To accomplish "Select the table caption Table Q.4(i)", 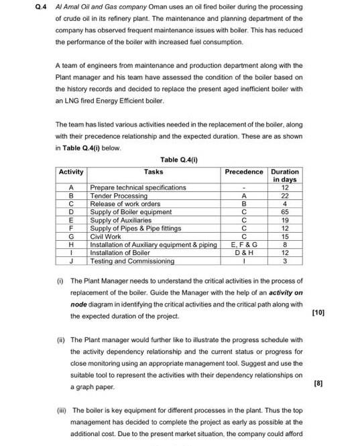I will pos(180,160).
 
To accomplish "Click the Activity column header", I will pos(71,172).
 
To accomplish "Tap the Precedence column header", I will pos(244,172).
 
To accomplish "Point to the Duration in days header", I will pos(285,176).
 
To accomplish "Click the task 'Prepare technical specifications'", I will pos(138,188).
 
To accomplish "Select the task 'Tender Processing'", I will pos(119,196).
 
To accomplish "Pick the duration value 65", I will pos(285,212).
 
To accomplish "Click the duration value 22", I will pos(285,196).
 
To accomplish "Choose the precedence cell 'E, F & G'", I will pos(244,245).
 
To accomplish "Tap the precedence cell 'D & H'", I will pos(244,253).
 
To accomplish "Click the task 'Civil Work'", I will pos(106,237).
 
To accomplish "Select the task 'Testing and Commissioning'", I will pos(132,261).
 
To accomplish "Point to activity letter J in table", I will pos(71,261).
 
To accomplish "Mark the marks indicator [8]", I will pos(318,383).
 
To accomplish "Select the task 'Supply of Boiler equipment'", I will pos(131,212).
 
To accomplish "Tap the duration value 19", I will pos(285,220).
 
